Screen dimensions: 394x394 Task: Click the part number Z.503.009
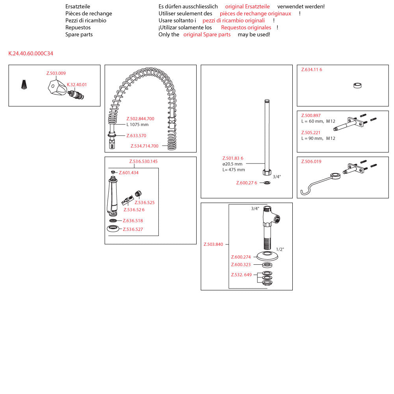56,73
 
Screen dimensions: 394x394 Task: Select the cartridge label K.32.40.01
77,85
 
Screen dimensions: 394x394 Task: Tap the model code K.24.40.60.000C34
31,54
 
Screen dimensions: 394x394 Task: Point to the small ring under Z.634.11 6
357,85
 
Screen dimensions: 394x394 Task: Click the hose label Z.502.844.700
140,119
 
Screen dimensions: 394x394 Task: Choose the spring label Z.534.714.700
145,146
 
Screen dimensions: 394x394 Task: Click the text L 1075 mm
138,125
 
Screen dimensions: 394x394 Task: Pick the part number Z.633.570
136,136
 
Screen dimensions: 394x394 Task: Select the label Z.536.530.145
143,162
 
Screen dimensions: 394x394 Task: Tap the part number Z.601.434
128,173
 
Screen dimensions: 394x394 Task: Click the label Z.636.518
133,221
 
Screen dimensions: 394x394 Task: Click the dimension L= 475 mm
234,170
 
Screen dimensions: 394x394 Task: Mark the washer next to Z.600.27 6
267,183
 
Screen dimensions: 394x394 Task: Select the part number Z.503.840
213,245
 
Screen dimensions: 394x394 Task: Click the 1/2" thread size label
280,249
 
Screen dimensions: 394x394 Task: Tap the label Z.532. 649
241,275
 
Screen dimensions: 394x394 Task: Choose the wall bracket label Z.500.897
311,116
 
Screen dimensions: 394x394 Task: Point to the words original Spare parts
207,35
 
